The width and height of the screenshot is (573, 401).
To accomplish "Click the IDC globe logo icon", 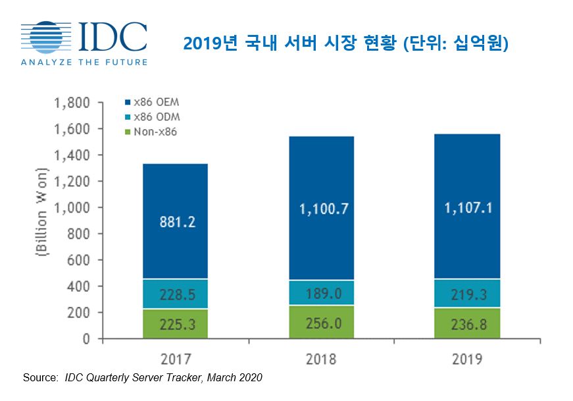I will (47, 38).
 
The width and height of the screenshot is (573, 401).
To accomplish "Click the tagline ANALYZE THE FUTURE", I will (84, 63).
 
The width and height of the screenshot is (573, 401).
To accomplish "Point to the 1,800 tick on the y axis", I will (73, 103).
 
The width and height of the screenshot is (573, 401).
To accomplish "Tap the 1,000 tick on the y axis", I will (73, 207).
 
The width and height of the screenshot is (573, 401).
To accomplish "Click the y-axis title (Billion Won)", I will (41, 221).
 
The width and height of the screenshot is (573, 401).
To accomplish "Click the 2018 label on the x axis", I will (321, 360).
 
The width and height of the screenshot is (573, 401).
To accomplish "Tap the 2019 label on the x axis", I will (467, 360).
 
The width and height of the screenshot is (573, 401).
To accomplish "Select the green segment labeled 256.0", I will (321, 322).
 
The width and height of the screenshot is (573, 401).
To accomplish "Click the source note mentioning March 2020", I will (142, 377).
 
